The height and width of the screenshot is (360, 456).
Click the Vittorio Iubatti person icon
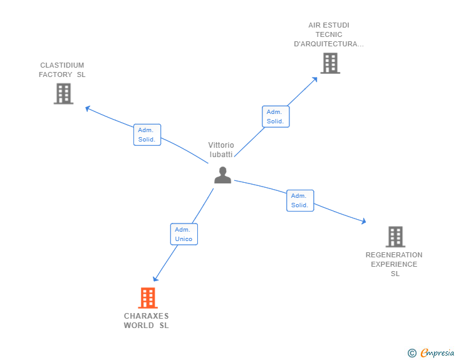point(222,175)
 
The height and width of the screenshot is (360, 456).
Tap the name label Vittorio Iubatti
point(221,150)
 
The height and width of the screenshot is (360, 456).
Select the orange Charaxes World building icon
point(147,298)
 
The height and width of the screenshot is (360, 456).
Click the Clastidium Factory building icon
point(63,93)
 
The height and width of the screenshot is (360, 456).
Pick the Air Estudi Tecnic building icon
point(330,63)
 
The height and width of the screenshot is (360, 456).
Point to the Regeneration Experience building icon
point(395,237)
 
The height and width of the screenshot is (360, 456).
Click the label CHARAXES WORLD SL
point(147,321)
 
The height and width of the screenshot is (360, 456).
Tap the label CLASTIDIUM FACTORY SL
point(62,70)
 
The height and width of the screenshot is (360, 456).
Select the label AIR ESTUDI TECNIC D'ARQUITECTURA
point(329,34)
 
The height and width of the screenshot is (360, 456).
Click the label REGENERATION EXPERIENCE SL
point(394,264)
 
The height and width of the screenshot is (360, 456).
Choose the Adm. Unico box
point(184,234)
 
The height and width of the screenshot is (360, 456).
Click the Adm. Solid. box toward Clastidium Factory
point(147,135)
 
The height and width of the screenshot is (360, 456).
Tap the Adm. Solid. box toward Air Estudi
point(275,116)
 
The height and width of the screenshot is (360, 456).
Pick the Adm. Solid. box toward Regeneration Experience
point(299,200)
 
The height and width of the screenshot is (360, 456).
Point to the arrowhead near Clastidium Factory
point(88,108)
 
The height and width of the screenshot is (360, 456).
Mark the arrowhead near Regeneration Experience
point(363,221)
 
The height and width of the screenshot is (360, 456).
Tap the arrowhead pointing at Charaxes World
point(155,279)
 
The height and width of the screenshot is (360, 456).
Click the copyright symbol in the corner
point(412,353)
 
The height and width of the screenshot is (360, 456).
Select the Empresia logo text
point(437,353)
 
